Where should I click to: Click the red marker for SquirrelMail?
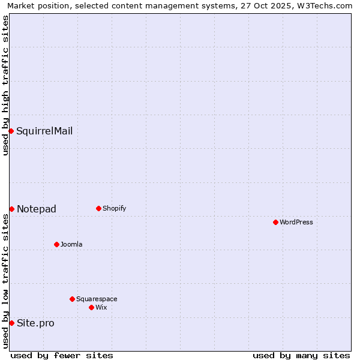coord(11,131)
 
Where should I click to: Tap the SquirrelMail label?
coord(44,131)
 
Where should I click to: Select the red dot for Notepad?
coord(11,209)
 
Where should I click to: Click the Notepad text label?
coord(37,209)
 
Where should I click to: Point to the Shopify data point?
coord(98,208)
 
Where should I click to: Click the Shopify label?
coord(115,208)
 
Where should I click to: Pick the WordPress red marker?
coord(275,222)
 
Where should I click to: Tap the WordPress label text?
coord(296,222)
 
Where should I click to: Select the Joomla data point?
coord(56,244)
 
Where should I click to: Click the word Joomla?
coord(71,244)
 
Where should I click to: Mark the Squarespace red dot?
coord(72,299)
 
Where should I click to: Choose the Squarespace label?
coord(97,299)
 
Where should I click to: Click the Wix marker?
coord(91,307)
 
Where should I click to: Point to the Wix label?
coord(101,307)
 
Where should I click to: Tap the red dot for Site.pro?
coord(11,323)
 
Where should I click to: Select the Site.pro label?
coord(35,323)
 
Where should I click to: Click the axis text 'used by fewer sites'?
coord(62,355)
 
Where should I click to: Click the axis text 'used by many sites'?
coord(301,355)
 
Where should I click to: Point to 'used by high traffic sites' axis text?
coord(5,85)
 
